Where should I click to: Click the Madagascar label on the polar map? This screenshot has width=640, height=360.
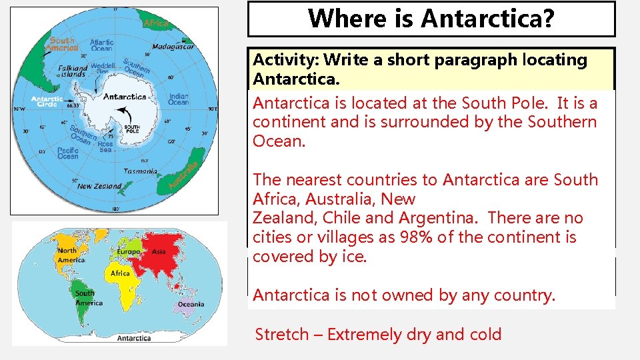173,47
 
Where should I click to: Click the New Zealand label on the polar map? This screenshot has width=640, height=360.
99,187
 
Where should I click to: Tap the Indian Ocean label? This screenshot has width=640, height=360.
178,99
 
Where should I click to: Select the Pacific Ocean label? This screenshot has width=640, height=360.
68,153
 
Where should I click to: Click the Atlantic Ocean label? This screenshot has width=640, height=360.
101,45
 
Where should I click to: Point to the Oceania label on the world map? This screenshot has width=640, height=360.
191,305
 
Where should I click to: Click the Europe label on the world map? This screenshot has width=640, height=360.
128,252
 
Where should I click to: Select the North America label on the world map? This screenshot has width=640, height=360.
71,255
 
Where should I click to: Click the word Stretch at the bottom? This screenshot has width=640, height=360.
282,334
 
